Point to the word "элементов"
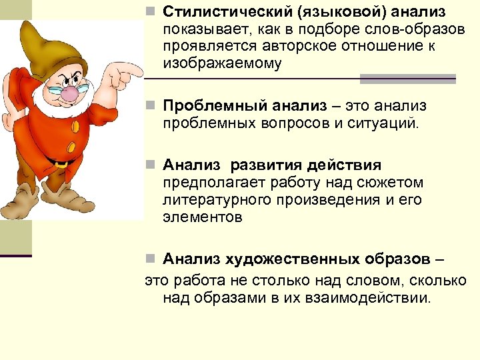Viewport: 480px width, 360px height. point(202,217)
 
